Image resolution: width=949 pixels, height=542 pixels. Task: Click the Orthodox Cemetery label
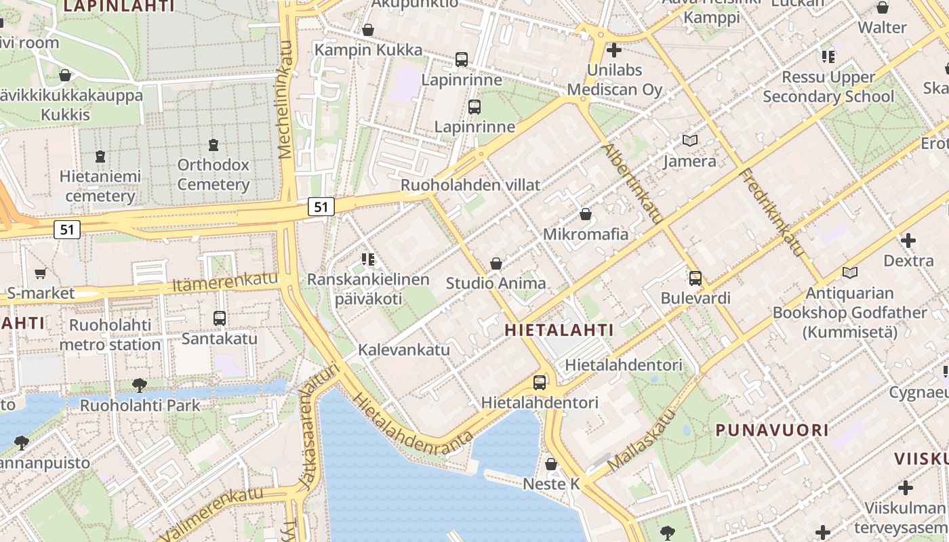point(214,175)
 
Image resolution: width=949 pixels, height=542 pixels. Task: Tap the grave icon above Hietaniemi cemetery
point(100,157)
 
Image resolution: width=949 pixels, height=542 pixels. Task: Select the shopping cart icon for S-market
point(40,274)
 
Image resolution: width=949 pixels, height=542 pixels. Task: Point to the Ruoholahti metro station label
point(110,335)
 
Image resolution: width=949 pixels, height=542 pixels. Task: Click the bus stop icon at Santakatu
point(219,318)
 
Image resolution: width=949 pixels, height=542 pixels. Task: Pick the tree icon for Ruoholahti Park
point(140,385)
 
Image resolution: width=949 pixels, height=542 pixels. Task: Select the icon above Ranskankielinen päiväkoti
point(368,259)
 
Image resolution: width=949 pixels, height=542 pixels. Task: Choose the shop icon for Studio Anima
point(496,264)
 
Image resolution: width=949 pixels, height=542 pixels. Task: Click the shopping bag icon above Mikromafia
point(586,214)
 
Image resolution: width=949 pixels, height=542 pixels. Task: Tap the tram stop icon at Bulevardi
point(695,278)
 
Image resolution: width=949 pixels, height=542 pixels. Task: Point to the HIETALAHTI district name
point(559,331)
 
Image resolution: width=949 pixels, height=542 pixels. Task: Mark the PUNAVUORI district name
point(772,430)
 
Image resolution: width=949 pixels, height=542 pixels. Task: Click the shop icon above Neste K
point(551,464)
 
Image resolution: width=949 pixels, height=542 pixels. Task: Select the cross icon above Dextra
point(908,240)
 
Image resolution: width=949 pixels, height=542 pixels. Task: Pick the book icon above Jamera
point(689,141)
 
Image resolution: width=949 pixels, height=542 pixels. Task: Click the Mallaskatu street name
point(642,440)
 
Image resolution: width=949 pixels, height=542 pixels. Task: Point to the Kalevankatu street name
point(404,350)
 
